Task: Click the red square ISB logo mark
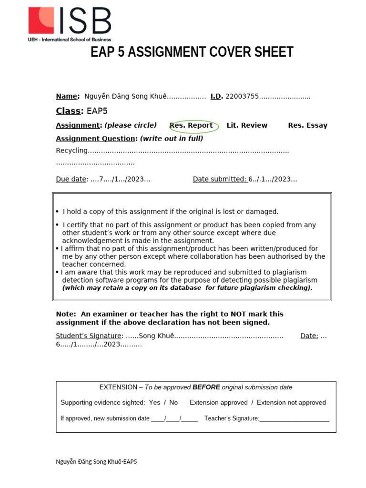(41, 20)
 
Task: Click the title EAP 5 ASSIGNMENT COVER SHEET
(192, 52)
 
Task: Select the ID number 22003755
(242, 96)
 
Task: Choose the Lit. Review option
(247, 125)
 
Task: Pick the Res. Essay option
(307, 125)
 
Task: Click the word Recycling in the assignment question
(72, 151)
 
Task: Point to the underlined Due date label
(71, 179)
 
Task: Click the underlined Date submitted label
(219, 179)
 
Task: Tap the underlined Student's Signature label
(89, 335)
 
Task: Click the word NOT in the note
(239, 314)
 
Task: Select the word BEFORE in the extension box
(206, 387)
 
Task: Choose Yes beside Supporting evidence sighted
(154, 403)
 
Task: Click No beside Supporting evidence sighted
(173, 403)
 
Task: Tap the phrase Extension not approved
(291, 403)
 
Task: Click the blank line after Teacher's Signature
(294, 419)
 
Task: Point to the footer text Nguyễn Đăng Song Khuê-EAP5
(96, 462)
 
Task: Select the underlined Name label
(67, 96)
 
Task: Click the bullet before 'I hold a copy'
(57, 212)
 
